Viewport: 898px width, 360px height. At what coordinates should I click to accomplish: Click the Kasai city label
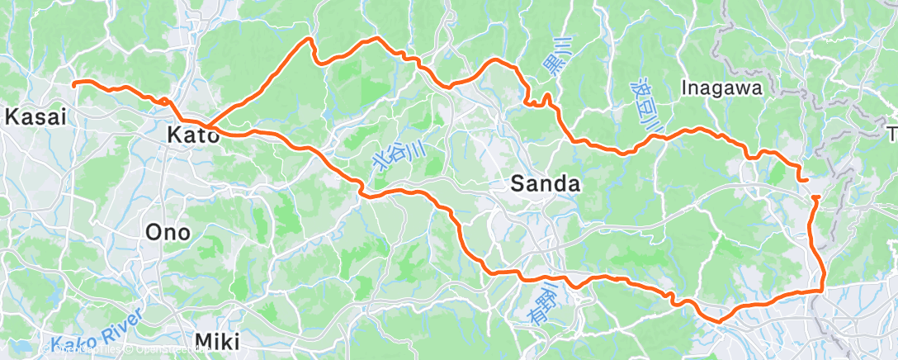[35, 117]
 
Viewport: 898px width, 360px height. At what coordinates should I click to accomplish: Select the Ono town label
[168, 233]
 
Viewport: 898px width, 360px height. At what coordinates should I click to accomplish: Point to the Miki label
[217, 341]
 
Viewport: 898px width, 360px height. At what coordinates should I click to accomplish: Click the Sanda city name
[545, 184]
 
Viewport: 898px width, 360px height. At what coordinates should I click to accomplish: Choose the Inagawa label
[724, 86]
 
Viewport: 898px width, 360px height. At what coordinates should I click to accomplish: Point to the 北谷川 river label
[401, 152]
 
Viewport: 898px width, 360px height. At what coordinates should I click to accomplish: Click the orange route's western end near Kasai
[74, 83]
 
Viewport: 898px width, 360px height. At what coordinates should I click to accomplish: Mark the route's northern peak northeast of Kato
[310, 39]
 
